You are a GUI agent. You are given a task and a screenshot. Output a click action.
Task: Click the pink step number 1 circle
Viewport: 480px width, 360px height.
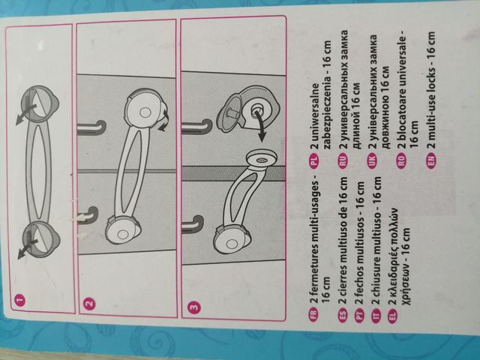tap(19, 301)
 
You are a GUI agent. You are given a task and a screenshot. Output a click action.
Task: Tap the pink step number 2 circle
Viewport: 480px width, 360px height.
tap(89, 304)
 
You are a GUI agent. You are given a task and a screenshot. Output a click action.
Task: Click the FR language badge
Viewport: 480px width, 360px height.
tap(315, 314)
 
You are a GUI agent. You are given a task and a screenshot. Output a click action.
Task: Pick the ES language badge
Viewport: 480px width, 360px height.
tap(343, 314)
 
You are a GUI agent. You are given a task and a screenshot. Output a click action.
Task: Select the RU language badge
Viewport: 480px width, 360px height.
tap(343, 160)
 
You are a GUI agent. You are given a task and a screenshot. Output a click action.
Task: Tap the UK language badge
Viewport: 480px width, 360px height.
tap(372, 160)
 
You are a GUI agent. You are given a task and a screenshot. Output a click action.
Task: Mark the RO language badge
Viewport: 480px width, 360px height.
tap(401, 160)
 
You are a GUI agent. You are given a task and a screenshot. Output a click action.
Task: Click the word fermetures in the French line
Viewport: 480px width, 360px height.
tap(315, 261)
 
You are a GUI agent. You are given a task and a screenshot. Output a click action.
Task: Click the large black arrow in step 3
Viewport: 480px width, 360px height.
tap(260, 125)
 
